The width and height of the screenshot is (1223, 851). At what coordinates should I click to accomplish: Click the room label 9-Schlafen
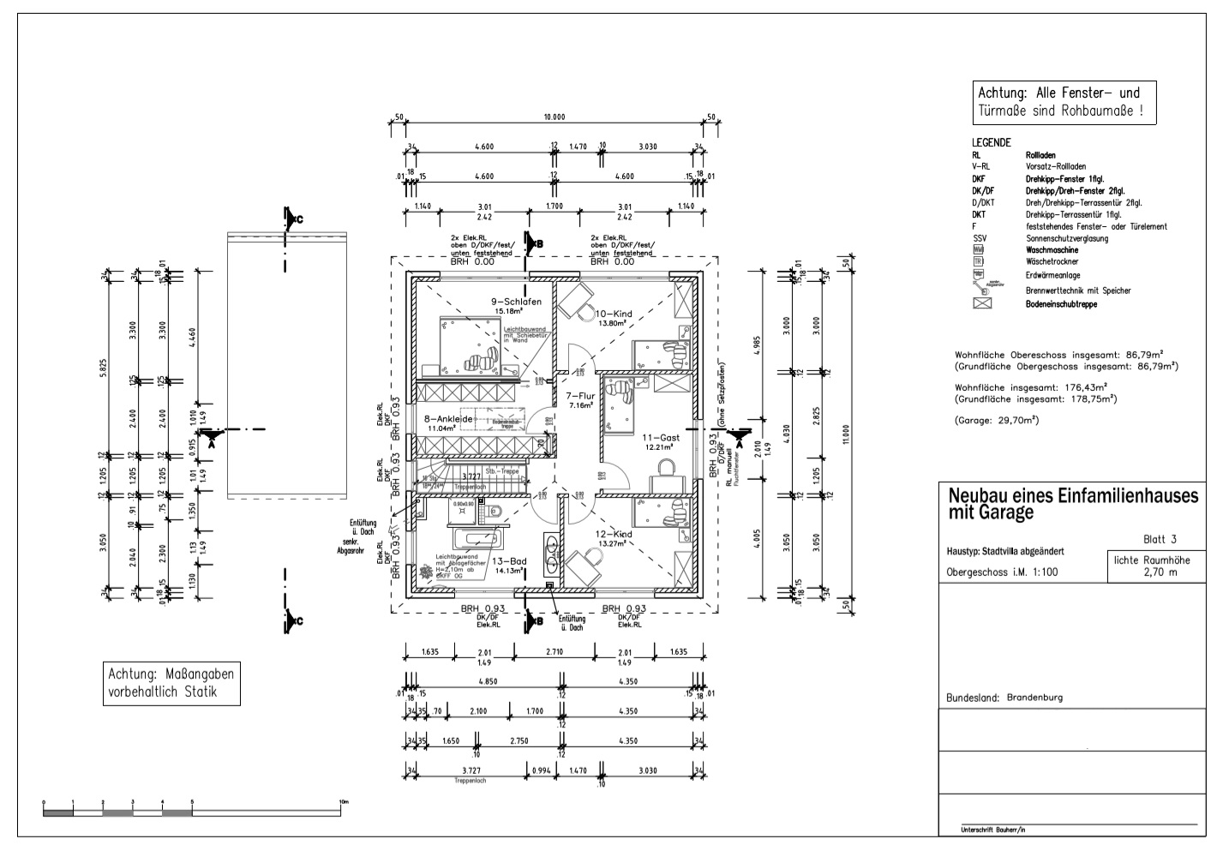516,302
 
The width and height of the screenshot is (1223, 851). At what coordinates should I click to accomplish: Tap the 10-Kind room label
613,314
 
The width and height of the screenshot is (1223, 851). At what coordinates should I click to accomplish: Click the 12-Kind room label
613,534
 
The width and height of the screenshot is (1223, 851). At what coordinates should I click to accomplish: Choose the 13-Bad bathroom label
509,561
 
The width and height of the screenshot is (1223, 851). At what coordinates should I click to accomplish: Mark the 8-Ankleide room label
449,419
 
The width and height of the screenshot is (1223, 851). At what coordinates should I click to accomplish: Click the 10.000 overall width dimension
554,117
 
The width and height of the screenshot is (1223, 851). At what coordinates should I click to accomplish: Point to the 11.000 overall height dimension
845,430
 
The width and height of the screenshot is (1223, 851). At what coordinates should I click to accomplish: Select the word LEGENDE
992,142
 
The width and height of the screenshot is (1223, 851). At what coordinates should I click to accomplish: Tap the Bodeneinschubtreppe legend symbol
981,303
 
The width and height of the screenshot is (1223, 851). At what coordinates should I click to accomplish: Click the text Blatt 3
1160,539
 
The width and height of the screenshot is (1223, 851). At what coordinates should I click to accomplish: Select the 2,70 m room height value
1159,572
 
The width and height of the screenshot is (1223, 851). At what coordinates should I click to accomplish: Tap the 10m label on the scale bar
343,802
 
